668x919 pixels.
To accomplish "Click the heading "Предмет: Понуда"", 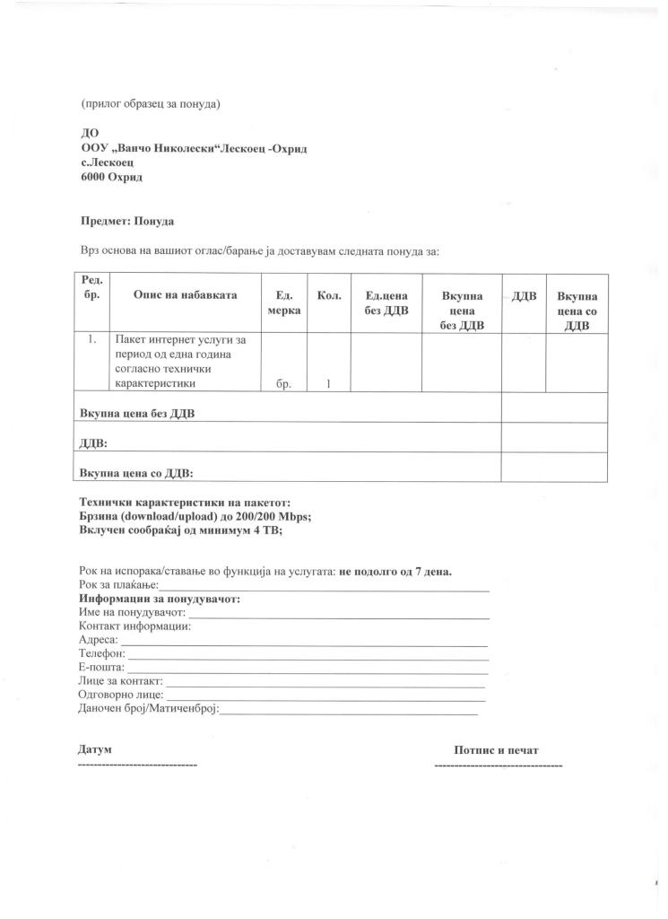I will point(126,221).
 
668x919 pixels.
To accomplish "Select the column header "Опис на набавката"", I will point(186,294).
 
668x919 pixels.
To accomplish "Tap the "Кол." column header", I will point(329,294).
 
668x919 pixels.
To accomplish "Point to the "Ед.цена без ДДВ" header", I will point(386,302).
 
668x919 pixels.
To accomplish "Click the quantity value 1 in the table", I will point(328,384).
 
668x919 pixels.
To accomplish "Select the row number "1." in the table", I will point(92,340).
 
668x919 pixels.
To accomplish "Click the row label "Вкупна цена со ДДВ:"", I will point(136,472).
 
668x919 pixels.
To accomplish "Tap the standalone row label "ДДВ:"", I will point(94,442).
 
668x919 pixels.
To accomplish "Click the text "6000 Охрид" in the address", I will point(112,178).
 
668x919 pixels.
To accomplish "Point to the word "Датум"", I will point(96,748).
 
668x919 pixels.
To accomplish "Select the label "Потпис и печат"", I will point(497,749).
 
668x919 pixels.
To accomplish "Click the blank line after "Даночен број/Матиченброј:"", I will point(350,713).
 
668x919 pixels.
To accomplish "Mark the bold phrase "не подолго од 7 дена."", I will point(395,572).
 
